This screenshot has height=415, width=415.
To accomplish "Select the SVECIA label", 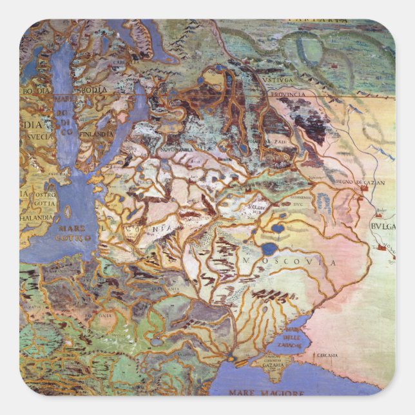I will point(37,137).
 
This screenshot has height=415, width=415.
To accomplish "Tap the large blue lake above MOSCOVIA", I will point(269,248).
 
